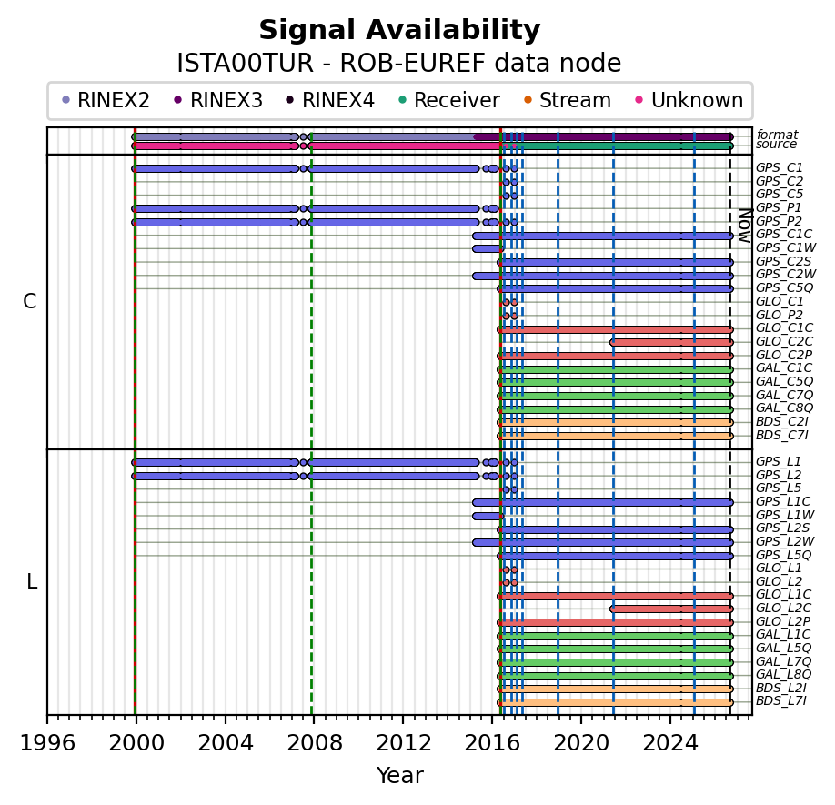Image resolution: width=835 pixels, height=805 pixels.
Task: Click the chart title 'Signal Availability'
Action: coord(399,30)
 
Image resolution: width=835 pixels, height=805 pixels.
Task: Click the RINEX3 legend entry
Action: coord(218,100)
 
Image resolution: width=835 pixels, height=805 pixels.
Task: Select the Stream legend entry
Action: coord(568,100)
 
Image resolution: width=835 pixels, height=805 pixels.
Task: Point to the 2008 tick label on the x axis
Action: coord(314,742)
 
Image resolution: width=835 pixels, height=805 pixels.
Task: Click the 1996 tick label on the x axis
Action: coord(47,742)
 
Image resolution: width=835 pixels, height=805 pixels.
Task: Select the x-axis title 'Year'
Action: coord(400,776)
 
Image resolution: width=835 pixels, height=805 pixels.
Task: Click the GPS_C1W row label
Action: coord(786,247)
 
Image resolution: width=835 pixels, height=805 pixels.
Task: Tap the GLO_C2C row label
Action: coord(784,341)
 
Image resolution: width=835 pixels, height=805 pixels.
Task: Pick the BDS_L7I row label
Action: coord(781,701)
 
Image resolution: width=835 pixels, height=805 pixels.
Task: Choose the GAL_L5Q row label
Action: coord(784,648)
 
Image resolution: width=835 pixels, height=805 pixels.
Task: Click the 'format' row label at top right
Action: coord(777,135)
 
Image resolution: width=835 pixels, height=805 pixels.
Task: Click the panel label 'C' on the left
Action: coord(30,302)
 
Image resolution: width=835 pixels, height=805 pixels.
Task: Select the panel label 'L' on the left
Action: coord(32,582)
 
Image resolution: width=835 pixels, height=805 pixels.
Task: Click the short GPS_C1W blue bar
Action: coord(488,248)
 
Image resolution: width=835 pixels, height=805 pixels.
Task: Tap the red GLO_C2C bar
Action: coord(671,342)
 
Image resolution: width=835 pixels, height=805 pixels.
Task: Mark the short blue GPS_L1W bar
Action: coord(488,516)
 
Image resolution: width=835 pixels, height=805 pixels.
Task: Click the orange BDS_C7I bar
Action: coord(615,436)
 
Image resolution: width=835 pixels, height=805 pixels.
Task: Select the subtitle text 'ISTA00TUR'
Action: coord(246,64)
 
